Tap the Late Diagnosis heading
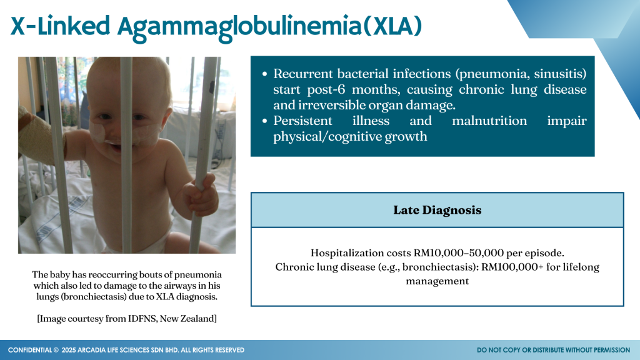tap(437, 210)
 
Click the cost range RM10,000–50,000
tap(458, 253)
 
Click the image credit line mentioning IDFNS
tap(127, 318)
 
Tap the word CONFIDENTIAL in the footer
tap(30, 350)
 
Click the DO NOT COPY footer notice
tap(553, 350)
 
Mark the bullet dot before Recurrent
tap(265, 74)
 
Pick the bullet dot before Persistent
tap(265, 121)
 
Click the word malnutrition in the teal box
tap(489, 121)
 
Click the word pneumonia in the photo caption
tap(198, 275)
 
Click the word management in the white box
tap(437, 281)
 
